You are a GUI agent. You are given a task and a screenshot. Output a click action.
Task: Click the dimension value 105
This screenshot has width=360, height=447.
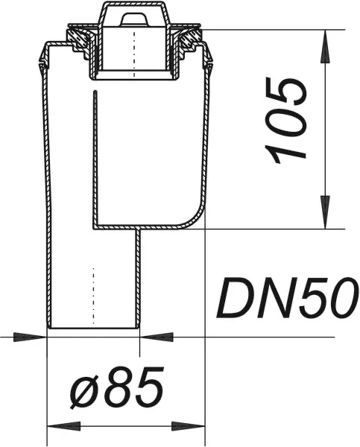[287, 121]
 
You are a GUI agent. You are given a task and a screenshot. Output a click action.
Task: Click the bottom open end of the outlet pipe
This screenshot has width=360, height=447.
[93, 329]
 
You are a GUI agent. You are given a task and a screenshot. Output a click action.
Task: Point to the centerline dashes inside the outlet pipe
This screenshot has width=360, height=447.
[93, 291]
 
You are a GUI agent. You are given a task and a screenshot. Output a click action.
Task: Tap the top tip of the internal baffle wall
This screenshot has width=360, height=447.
[94, 93]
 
